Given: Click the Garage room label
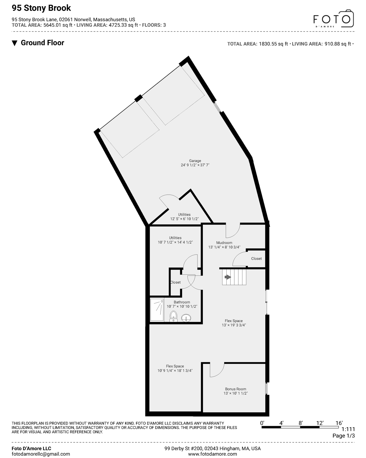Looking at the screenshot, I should point(195,161).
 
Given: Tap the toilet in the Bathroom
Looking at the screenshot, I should point(173,316).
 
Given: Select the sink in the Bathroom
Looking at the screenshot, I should point(186,318).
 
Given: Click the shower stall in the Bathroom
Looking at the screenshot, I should point(157,310).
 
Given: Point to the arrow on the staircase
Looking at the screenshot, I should point(228,277).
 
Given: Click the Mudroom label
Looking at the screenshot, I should point(224,243).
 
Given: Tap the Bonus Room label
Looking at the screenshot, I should point(236,389).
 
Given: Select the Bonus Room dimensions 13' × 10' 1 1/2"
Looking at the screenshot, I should point(236,393).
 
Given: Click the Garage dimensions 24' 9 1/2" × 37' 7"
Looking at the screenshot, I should point(195,165).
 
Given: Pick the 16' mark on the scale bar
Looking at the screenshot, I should point(339,423).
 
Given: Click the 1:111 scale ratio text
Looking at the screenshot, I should point(348,429).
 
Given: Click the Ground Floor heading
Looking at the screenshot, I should point(42,43).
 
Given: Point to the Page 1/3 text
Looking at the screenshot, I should point(344,436).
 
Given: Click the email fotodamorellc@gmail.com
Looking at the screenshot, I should point(41,454).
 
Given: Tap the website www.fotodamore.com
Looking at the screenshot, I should point(213,454).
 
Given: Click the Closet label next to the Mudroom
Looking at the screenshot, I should point(256,259).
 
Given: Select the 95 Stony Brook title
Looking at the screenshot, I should point(41,8).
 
